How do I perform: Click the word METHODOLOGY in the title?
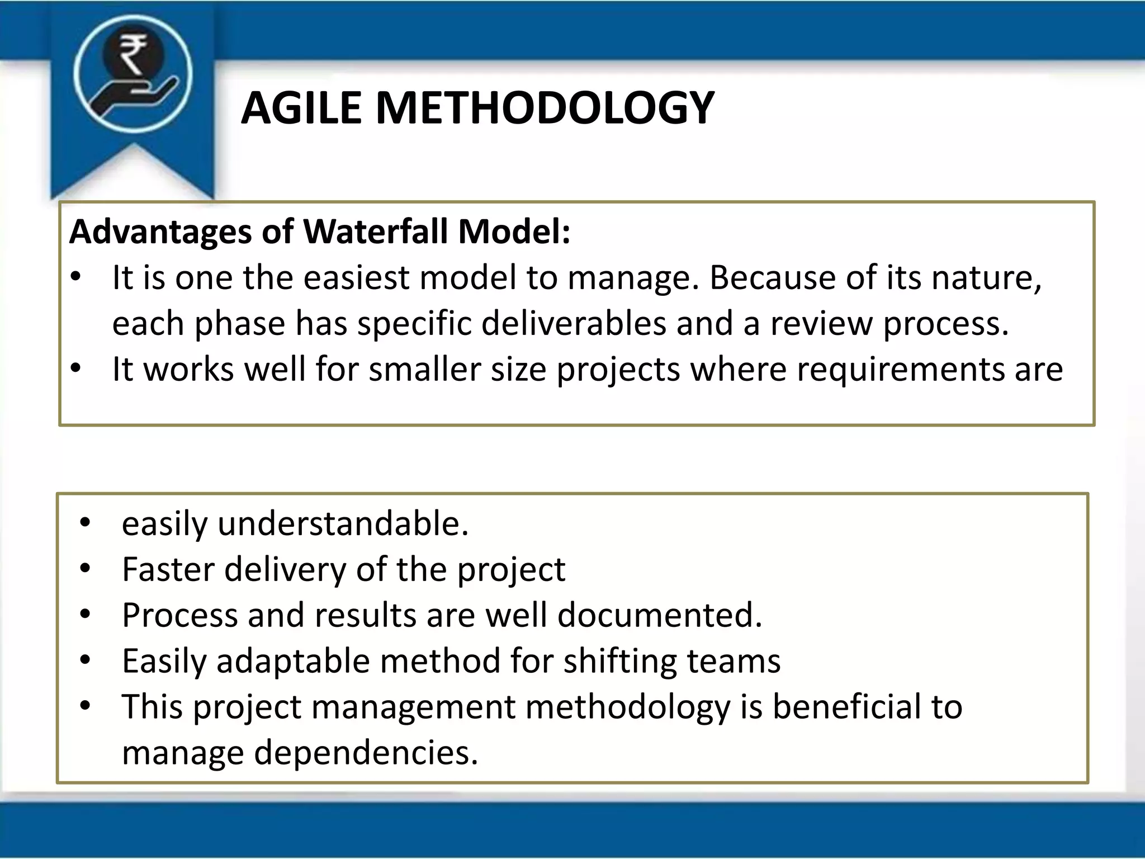(545, 108)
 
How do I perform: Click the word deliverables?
(573, 324)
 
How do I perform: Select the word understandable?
(342, 524)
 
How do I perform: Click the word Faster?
(168, 570)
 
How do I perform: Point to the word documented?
(660, 616)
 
